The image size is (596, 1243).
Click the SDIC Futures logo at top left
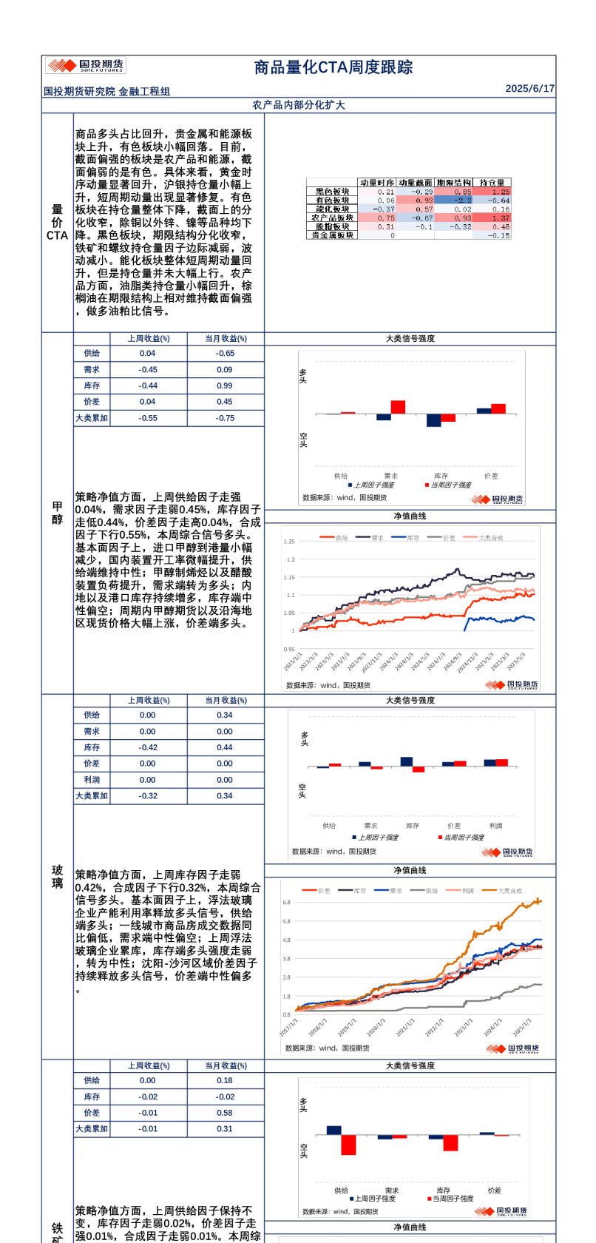[86, 65]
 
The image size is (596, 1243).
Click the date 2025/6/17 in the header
[529, 88]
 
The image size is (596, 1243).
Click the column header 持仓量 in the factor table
[492, 183]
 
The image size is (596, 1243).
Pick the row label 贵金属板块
[332, 235]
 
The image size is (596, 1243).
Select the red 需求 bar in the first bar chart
[398, 407]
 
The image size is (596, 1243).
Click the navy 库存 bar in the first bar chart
[433, 420]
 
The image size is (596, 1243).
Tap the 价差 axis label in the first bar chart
[491, 476]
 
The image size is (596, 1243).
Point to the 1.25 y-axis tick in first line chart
[288, 542]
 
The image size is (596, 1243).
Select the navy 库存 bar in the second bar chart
[407, 761]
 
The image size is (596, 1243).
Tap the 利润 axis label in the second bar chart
[495, 826]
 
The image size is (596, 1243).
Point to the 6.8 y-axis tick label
[287, 903]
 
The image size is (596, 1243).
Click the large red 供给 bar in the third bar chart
[348, 1145]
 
